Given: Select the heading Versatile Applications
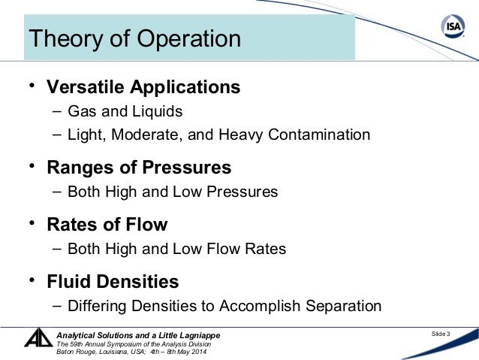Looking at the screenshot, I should (x=143, y=87).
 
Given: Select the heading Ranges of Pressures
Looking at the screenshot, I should (x=139, y=167).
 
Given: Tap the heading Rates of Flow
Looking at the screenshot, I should (x=107, y=225).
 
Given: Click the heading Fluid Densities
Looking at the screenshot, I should (x=113, y=282).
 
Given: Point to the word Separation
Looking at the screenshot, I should (x=343, y=307).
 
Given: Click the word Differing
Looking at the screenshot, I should (x=97, y=307).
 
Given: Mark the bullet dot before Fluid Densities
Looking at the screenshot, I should (x=32, y=281).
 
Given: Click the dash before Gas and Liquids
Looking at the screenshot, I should (x=58, y=111).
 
